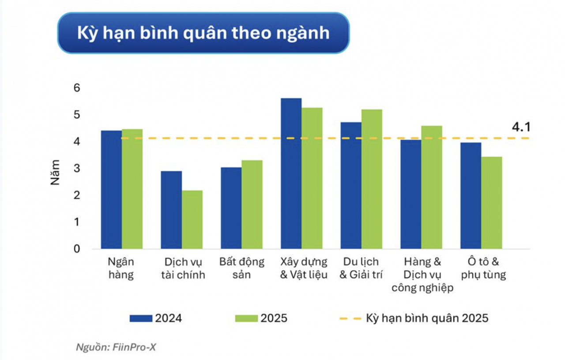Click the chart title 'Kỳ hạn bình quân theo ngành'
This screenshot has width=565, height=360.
[203, 33]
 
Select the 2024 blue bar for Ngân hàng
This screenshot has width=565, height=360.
[112, 190]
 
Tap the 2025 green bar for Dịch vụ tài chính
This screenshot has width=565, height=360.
[192, 219]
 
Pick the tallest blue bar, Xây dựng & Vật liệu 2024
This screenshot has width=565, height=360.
[291, 173]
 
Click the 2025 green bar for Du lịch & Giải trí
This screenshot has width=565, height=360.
[372, 179]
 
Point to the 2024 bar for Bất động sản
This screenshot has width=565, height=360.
[231, 208]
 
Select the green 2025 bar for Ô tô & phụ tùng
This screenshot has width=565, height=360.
[491, 202]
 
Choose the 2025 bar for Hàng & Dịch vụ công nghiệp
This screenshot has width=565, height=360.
[431, 187]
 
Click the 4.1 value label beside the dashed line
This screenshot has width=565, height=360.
[521, 127]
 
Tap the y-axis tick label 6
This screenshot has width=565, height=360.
[77, 88]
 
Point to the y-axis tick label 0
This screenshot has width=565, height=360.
[77, 249]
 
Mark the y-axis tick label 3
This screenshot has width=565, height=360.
[77, 169]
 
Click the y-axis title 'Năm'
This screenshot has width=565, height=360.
[55, 172]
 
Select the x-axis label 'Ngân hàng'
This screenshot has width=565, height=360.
[121, 268]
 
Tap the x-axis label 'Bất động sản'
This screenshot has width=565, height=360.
[241, 268]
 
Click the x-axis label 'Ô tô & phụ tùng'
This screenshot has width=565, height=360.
[483, 268]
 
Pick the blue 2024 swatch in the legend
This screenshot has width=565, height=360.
[141, 318]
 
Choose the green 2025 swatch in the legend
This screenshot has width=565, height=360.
[247, 318]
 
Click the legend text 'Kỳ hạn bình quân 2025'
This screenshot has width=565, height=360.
[427, 318]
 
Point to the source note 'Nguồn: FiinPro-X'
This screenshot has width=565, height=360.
[116, 347]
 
